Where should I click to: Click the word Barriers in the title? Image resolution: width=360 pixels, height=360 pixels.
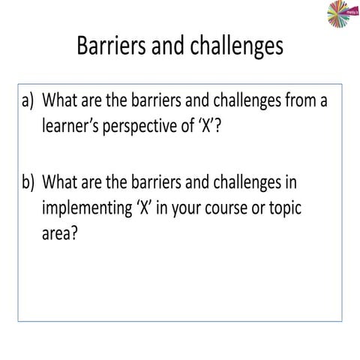pyautogui.click(x=112, y=46)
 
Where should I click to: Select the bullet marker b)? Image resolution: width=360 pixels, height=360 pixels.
pyautogui.click(x=28, y=183)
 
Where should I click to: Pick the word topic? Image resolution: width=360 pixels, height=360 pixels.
pyautogui.click(x=281, y=209)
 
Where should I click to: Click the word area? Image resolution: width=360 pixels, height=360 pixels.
pyautogui.click(x=61, y=234)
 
